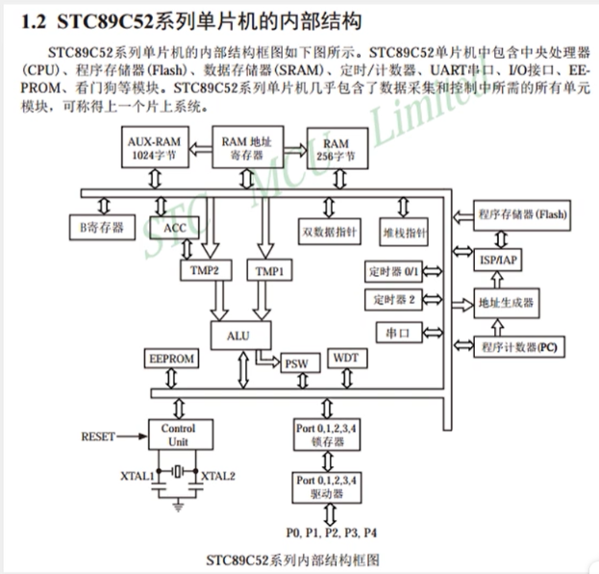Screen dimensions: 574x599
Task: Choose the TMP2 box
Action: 206,271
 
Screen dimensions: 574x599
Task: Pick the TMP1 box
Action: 269,271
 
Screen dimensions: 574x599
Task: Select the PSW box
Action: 295,364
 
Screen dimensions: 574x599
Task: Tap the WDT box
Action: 344,358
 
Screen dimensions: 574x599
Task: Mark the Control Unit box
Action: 177,434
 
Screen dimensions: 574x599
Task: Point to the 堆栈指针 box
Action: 405,232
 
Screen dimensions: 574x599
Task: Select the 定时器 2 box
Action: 391,300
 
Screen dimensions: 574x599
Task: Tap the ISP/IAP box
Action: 498,261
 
